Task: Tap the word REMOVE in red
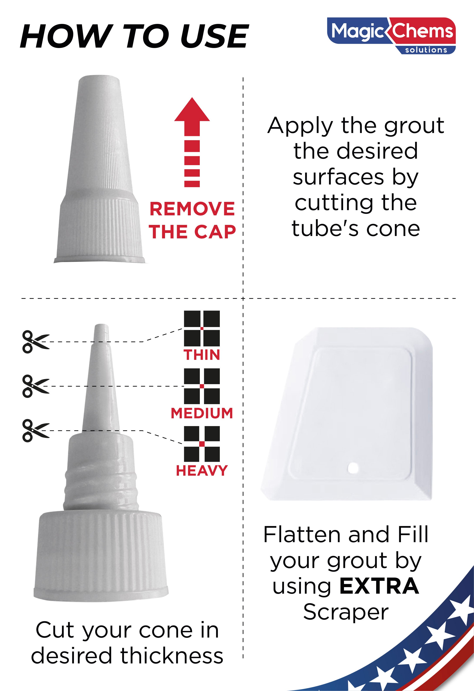click(x=192, y=209)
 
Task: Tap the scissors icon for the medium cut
click(x=35, y=386)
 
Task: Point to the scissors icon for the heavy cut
click(x=35, y=430)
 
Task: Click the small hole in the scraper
click(x=353, y=468)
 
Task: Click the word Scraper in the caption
click(x=346, y=612)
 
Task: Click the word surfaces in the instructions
click(x=338, y=177)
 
